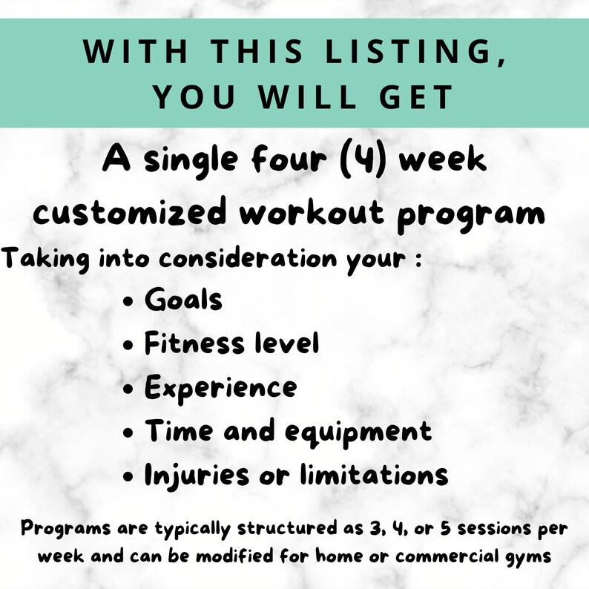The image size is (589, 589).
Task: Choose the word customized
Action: [131, 214]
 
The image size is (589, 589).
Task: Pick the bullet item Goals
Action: [183, 300]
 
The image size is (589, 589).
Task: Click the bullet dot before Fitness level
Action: [130, 345]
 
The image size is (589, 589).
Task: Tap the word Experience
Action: [220, 388]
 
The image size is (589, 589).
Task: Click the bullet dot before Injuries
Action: [130, 475]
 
